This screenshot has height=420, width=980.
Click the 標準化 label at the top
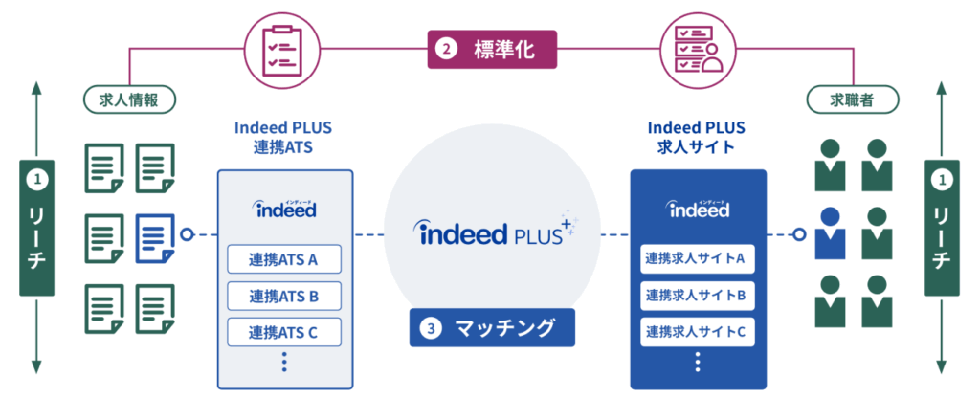click(x=491, y=48)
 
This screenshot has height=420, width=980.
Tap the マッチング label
click(x=491, y=327)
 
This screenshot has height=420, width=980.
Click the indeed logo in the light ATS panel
click(x=284, y=208)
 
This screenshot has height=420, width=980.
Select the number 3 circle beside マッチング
click(x=433, y=328)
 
